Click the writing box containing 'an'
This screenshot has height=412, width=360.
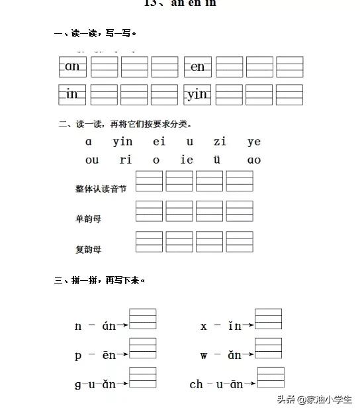(73, 67)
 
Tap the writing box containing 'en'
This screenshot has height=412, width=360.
(198, 67)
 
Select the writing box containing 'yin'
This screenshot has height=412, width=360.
(198, 95)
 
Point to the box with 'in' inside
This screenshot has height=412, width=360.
(73, 95)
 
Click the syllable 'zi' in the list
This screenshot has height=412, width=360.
(220, 142)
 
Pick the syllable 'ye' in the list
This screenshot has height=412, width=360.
(254, 142)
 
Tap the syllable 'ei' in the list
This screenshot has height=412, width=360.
(159, 142)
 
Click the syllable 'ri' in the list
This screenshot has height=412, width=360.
(126, 160)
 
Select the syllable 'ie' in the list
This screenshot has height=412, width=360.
(188, 160)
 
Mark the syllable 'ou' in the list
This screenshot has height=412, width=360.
(92, 160)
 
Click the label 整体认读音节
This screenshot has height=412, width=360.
(101, 189)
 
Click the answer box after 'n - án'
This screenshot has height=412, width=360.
(143, 319)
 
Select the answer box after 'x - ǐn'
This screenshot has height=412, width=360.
(268, 319)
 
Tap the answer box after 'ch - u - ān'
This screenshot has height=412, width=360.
(271, 378)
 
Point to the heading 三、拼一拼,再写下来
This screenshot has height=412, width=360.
(100, 280)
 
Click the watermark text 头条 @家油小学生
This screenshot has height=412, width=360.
(314, 399)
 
